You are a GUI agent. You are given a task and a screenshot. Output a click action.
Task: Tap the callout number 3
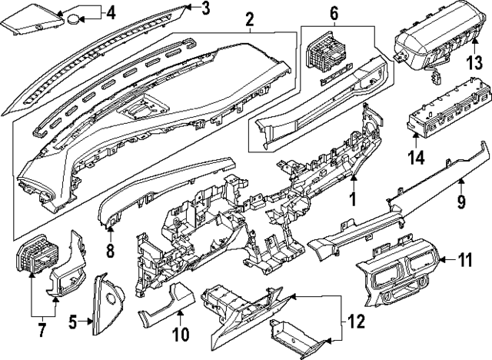(205, 9)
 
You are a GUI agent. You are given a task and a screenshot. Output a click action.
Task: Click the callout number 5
(73, 322)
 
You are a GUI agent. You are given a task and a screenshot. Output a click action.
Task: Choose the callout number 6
(334, 12)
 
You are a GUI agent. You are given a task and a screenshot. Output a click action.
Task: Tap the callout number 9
(462, 204)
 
